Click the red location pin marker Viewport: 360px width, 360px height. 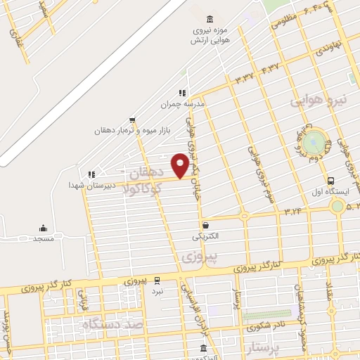click(x=181, y=165)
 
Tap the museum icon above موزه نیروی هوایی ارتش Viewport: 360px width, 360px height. click(x=210, y=18)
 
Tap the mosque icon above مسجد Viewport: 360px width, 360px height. click(x=44, y=228)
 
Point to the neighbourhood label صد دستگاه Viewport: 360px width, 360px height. click(x=112, y=325)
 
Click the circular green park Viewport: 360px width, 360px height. click(x=316, y=140)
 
